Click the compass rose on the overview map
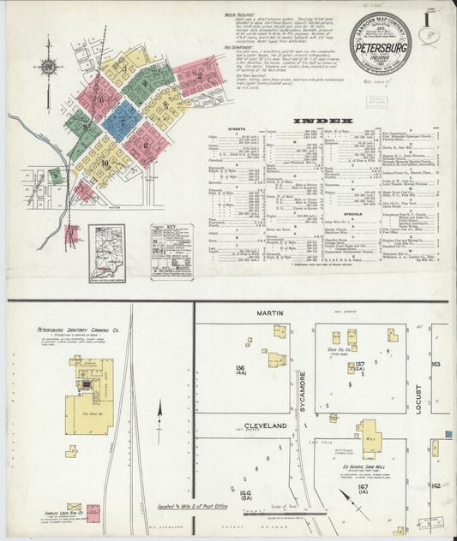tap(48, 67)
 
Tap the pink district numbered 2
tap(200, 75)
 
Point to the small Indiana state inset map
tap(106, 252)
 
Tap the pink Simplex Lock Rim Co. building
tap(93, 514)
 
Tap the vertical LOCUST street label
tap(419, 399)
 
